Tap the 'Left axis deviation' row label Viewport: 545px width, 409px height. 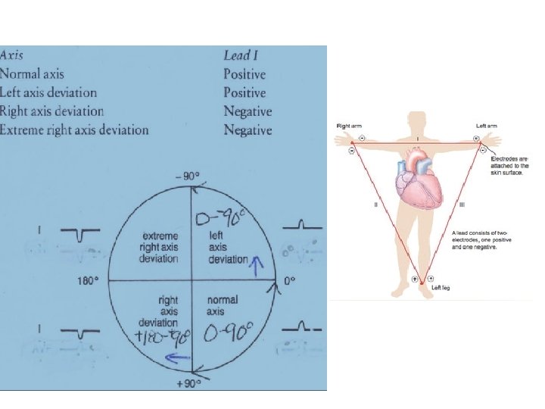49,93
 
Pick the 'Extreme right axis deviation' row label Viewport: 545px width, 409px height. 74,130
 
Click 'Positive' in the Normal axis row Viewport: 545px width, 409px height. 244,74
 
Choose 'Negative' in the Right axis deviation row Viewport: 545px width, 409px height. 248,111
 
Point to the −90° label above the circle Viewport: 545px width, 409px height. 188,176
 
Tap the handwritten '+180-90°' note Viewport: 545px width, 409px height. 162,335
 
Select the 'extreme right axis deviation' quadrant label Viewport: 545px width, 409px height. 154,247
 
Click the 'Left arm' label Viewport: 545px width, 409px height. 486,125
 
